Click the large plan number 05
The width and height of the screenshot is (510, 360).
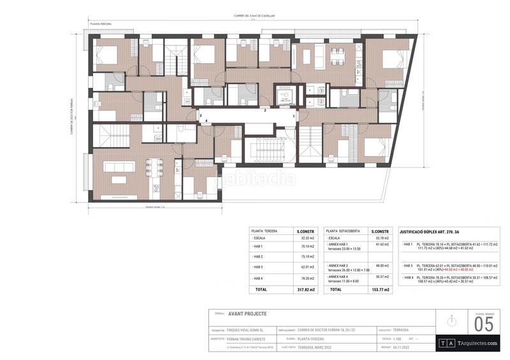click(x=484, y=325)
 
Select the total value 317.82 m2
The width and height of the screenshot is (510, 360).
click(x=307, y=289)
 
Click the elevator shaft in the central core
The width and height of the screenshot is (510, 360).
click(x=283, y=96)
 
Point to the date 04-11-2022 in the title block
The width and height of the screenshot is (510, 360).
click(x=401, y=347)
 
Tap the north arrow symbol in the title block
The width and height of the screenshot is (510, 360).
click(x=452, y=320)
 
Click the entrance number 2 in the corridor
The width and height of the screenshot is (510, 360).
click(x=265, y=110)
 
